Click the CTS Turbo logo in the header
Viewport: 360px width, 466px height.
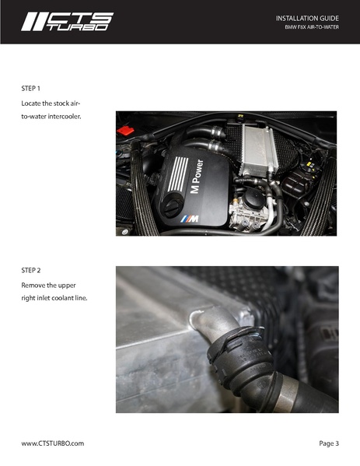click(x=67, y=22)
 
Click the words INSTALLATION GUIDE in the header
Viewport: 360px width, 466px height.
click(x=307, y=17)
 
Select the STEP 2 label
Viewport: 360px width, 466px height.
click(x=32, y=270)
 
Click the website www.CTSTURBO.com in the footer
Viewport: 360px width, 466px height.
click(x=52, y=443)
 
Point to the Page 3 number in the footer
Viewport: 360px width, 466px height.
click(x=329, y=443)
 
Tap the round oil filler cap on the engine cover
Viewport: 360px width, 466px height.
click(x=172, y=205)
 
